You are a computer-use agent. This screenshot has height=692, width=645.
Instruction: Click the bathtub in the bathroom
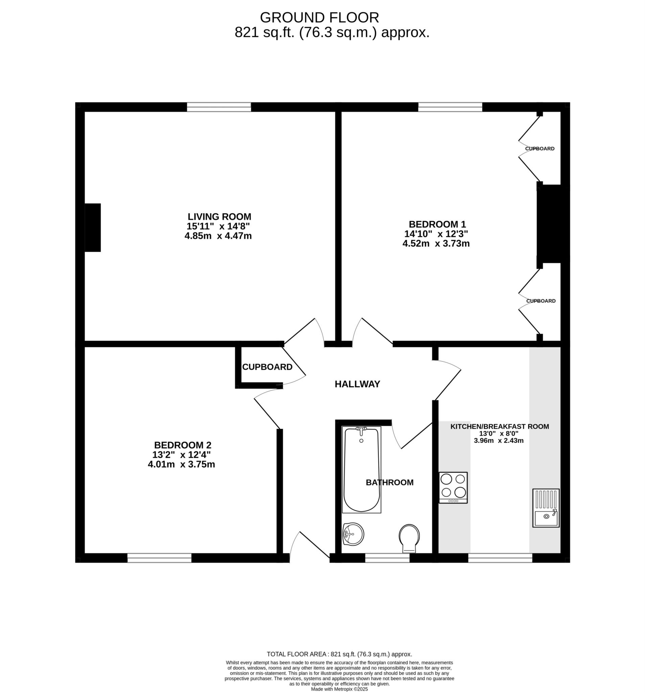click(x=361, y=469)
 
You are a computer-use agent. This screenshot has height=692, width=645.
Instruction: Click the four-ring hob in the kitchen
click(x=453, y=487)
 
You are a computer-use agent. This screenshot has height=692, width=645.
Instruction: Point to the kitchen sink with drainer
click(x=545, y=508)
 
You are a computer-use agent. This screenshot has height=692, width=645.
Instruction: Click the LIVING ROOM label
click(x=219, y=217)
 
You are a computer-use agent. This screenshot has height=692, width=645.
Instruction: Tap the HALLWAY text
click(x=357, y=384)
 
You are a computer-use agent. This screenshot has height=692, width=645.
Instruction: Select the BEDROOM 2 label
click(x=183, y=445)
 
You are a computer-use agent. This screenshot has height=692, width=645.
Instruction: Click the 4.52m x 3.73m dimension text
click(x=436, y=243)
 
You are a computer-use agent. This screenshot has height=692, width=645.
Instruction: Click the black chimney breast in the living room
click(x=93, y=228)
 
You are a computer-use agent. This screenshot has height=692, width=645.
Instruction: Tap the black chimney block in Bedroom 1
click(x=550, y=224)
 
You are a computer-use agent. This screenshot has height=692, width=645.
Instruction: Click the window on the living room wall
click(x=218, y=107)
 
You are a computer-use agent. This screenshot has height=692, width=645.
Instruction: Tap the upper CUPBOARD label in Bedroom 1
click(x=539, y=149)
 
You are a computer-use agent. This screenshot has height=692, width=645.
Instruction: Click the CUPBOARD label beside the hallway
click(x=267, y=367)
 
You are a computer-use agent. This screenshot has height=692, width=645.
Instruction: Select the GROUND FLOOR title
click(x=319, y=18)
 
